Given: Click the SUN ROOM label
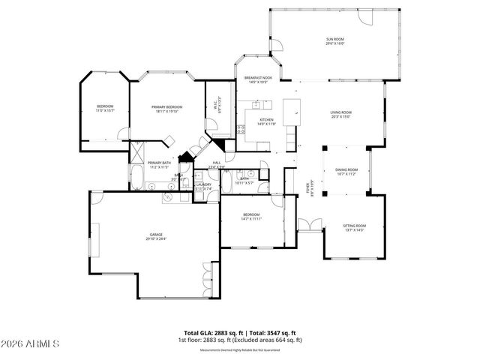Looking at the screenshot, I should [x=334, y=39].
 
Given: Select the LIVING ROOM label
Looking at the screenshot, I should [x=340, y=112].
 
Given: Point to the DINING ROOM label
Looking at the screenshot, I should [x=346, y=169].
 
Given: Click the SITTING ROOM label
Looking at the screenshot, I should [x=354, y=225].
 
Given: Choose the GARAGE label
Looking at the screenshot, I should [x=155, y=235].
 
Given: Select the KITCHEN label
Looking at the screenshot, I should [x=266, y=120].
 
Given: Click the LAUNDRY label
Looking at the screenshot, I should [x=203, y=184].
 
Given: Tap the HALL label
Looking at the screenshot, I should [x=216, y=163].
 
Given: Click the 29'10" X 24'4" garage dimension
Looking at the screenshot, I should [x=155, y=239].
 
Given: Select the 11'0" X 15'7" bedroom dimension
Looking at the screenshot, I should [x=104, y=111].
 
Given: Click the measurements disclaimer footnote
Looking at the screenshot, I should [x=239, y=349].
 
